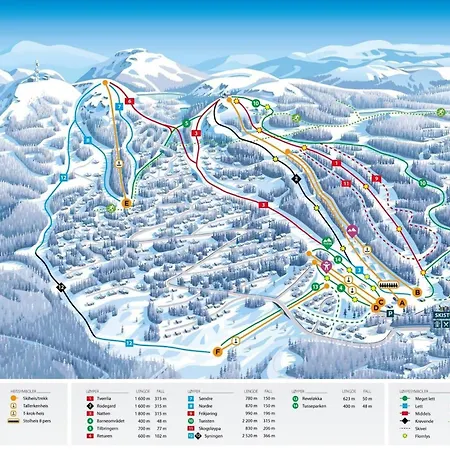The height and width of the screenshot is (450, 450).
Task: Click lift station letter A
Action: tap(402, 302)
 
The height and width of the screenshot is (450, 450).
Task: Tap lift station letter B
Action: tap(417, 292)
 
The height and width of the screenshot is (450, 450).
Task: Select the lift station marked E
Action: tap(126, 204)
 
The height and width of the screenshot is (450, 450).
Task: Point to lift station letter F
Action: tap(217, 352)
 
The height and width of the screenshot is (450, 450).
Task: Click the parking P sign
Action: tap(389, 313)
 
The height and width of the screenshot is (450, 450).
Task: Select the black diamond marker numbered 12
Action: tap(61, 287)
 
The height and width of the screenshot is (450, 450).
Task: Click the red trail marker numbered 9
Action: tap(375, 178)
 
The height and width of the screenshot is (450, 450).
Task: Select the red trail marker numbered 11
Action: tap(345, 184)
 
